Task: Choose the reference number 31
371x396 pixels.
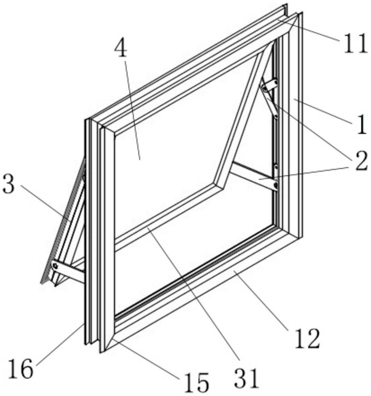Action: (246, 377)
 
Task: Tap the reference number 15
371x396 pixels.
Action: (196, 382)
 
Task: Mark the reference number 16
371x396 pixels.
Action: (20, 369)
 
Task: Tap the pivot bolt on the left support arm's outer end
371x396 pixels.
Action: (55, 266)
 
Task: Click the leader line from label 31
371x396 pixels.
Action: (195, 296)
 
